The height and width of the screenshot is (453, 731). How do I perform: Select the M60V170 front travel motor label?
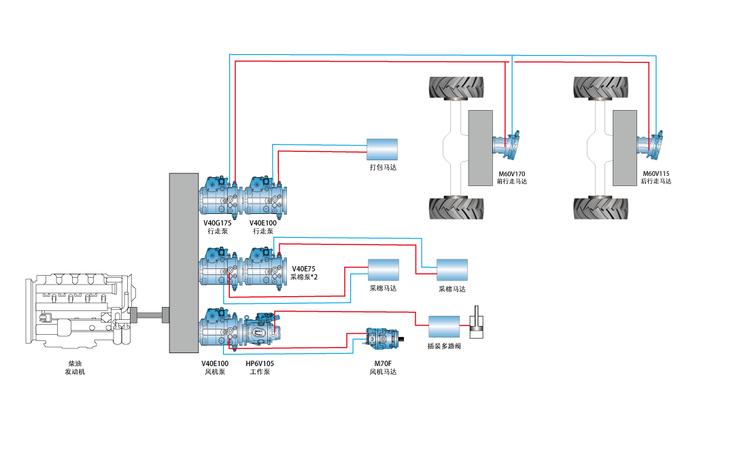512,178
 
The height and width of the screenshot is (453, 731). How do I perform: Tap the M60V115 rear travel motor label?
656,178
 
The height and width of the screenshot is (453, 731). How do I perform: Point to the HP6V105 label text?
260,363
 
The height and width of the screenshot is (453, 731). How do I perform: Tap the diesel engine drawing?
78,312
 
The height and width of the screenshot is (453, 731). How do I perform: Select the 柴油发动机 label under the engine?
75,367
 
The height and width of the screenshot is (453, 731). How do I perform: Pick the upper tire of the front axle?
456,88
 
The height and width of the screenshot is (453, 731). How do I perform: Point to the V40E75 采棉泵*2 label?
304,273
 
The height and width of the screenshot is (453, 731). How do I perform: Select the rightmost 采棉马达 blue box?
452,270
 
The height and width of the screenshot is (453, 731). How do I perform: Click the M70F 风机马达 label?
382,367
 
